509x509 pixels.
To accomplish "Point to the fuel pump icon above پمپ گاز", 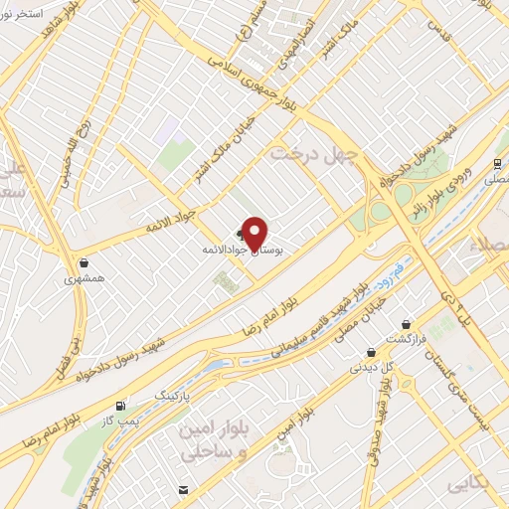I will click(120, 405).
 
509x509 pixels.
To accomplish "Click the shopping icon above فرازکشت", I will click(407, 323).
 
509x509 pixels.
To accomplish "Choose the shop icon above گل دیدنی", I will click(371, 351).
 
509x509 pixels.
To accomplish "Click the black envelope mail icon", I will click(184, 489).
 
